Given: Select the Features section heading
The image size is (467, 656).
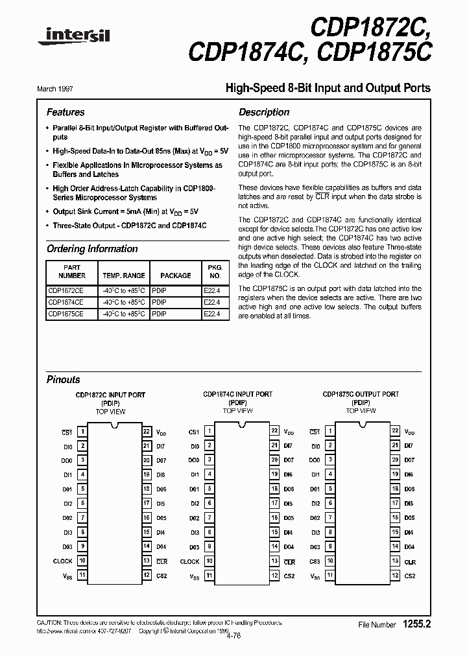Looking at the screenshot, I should pyautogui.click(x=66, y=112).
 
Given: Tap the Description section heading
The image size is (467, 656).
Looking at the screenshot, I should pyautogui.click(x=264, y=112).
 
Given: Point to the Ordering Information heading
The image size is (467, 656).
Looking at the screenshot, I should pyautogui.click(x=92, y=249).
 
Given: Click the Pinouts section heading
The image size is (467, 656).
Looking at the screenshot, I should pyautogui.click(x=64, y=380).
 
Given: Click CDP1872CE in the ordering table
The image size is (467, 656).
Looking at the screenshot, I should pyautogui.click(x=66, y=290).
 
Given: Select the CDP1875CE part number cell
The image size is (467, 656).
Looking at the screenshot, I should pyautogui.click(x=66, y=314).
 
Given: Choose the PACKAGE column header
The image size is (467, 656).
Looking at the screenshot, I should pyautogui.click(x=175, y=275).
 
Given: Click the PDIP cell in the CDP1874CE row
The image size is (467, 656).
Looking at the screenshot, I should pyautogui.click(x=159, y=302).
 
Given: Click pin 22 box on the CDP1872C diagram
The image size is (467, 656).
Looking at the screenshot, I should pyautogui.click(x=147, y=431).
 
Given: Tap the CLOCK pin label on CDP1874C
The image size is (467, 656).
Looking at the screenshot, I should pyautogui.click(x=189, y=561).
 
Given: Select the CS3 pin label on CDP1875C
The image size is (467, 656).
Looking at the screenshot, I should pyautogui.click(x=315, y=561).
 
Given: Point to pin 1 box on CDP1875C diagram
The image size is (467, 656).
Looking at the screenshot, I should pyautogui.click(x=330, y=431).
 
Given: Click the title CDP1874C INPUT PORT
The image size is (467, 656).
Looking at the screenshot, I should pyautogui.click(x=237, y=394).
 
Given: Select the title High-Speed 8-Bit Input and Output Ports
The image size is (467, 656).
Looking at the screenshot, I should pyautogui.click(x=327, y=88).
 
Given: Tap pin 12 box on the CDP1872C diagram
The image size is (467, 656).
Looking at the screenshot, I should pyautogui.click(x=147, y=576).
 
